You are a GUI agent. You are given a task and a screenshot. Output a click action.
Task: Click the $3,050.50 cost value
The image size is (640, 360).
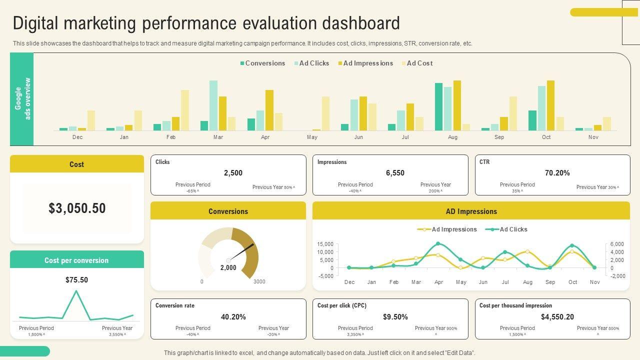click(77, 208)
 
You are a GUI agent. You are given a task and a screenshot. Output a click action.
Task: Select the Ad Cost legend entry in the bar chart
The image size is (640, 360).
click(419, 63)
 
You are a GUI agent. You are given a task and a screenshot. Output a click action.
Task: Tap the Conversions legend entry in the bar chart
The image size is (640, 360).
click(264, 63)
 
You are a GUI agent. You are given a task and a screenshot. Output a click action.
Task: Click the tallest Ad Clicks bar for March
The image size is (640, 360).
click(213, 105)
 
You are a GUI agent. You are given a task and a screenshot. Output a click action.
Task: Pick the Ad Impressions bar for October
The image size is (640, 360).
click(550, 105)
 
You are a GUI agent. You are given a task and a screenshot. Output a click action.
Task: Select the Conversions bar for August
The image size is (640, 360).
click(438, 106)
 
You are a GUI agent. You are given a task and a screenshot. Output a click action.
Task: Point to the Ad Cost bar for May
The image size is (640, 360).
click(325, 113)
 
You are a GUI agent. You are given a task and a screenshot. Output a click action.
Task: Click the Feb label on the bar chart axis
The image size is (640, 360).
click(171, 137)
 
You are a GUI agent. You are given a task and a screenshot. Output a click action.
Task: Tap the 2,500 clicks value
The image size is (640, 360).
click(233, 173)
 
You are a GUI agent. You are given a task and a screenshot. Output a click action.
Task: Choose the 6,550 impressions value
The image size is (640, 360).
click(395, 173)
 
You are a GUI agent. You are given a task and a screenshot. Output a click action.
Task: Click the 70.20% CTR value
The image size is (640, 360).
click(557, 173)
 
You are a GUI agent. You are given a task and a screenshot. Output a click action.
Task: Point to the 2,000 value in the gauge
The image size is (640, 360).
click(228, 268)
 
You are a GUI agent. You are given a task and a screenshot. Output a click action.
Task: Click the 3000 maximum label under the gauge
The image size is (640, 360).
click(259, 281)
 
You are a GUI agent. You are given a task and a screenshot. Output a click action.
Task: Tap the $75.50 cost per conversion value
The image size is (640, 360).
click(76, 280)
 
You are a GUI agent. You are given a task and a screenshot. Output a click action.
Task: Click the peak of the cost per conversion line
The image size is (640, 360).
click(76, 290)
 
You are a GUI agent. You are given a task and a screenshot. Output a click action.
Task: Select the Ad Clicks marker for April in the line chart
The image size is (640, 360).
click(438, 244)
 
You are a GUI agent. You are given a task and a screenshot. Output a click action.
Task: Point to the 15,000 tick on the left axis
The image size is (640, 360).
click(325, 244)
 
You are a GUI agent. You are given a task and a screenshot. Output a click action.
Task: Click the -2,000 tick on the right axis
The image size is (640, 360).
click(618, 276)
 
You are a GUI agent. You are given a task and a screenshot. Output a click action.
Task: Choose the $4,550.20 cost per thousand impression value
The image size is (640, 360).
click(557, 317)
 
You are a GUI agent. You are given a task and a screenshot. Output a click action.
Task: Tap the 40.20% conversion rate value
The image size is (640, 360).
click(233, 317)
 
